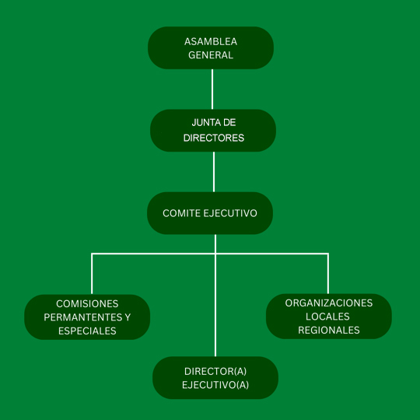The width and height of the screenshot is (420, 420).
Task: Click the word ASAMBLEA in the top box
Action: click(x=211, y=41)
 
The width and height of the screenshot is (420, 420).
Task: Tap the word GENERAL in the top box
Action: click(x=211, y=55)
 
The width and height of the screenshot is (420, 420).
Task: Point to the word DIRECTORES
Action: click(x=213, y=138)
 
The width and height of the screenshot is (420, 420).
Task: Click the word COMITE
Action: click(x=181, y=213)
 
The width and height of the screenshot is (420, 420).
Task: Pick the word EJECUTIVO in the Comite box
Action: click(x=230, y=213)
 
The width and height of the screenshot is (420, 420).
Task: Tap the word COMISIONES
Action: click(x=87, y=304)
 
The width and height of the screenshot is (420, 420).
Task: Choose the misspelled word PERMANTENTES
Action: click(x=83, y=317)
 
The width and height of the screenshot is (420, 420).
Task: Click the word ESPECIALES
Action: click(x=87, y=331)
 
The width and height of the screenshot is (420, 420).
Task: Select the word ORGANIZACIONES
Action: click(x=329, y=303)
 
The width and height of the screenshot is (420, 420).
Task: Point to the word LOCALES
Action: click(x=327, y=317)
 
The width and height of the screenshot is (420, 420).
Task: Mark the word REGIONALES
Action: click(x=329, y=331)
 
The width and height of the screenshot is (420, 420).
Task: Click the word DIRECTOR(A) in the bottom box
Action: click(x=215, y=371)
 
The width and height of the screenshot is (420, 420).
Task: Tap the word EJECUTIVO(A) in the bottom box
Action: click(x=215, y=385)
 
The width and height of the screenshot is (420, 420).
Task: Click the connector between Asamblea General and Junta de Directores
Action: click(x=212, y=89)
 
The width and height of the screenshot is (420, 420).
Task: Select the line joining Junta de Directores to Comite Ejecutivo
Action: click(x=214, y=172)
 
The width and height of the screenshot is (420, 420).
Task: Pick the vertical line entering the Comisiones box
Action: click(x=92, y=274)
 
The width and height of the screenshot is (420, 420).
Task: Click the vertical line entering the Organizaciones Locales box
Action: click(x=328, y=274)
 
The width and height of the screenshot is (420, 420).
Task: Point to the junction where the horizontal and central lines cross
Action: click(x=215, y=254)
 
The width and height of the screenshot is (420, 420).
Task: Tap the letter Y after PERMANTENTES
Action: click(x=128, y=317)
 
